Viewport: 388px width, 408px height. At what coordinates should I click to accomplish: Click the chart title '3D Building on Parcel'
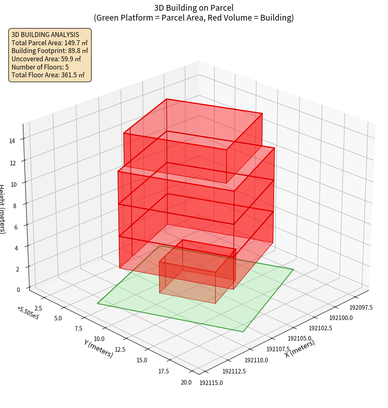pyautogui.click(x=194, y=8)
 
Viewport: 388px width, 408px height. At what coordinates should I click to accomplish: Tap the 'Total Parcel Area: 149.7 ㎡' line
pyautogui.click(x=49, y=43)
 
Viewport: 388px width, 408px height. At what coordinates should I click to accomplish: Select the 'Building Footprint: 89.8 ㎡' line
pyautogui.click(x=50, y=51)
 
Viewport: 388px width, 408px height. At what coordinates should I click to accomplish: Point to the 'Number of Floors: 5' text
pyautogui.click(x=40, y=67)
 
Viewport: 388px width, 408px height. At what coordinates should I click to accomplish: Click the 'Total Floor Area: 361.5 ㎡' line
pyautogui.click(x=48, y=75)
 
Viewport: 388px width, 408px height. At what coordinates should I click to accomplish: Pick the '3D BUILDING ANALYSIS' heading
pyautogui.click(x=45, y=35)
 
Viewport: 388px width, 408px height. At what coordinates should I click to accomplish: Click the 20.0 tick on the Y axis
pyautogui.click(x=186, y=382)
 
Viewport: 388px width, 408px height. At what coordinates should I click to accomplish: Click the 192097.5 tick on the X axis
pyautogui.click(x=361, y=308)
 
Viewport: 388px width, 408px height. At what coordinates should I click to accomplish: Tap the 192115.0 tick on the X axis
pyautogui.click(x=211, y=383)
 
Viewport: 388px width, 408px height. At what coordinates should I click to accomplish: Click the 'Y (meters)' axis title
pyautogui.click(x=98, y=348)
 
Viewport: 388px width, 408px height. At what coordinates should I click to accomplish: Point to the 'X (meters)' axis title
pyautogui.click(x=300, y=348)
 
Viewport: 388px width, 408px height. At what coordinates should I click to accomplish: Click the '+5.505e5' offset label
pyautogui.click(x=28, y=313)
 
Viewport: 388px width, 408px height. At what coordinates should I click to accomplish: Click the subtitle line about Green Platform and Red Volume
pyautogui.click(x=194, y=18)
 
